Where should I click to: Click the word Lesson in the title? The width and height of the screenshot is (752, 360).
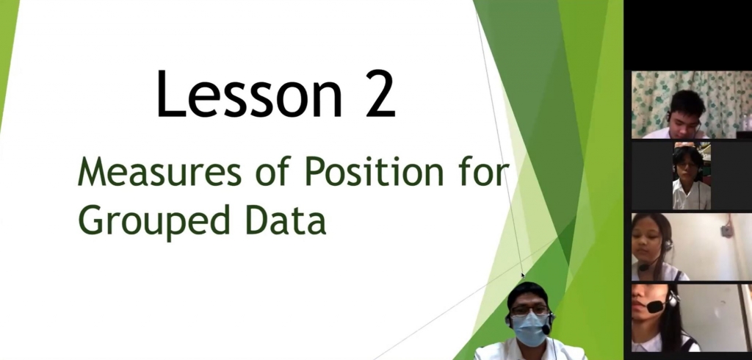(x=249, y=93)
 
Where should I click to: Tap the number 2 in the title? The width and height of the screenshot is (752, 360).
(x=380, y=93)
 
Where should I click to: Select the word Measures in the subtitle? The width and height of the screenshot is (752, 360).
(x=159, y=172)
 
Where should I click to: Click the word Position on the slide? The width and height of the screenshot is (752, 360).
(x=374, y=171)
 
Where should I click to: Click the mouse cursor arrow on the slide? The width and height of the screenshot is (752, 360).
(x=523, y=276)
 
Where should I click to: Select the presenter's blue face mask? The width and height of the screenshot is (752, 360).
(x=529, y=329)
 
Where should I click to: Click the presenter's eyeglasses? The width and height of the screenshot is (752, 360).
(x=529, y=310)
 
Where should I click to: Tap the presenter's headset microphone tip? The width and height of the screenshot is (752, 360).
(x=546, y=329)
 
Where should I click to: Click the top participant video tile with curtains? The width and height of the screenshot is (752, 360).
(x=692, y=104)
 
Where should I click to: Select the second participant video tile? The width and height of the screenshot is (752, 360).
(x=692, y=176)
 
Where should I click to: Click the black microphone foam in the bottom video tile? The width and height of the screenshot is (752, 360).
(x=654, y=306)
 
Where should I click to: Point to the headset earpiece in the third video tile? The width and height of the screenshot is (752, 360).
(x=667, y=246)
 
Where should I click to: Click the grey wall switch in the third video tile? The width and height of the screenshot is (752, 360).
(x=726, y=231)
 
